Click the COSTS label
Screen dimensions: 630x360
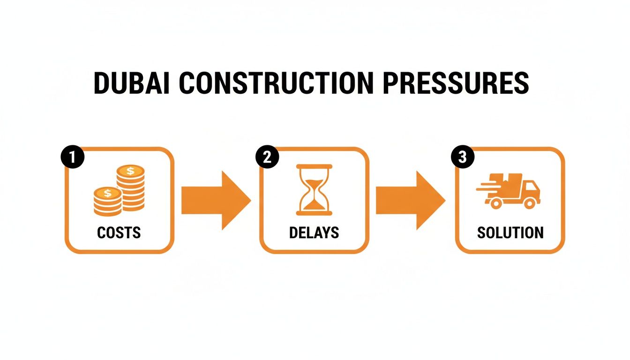(x=119, y=232)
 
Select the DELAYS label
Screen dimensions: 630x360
(x=314, y=232)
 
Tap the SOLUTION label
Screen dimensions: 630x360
(x=510, y=232)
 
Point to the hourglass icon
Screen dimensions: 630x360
(x=314, y=190)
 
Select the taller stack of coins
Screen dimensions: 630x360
(x=130, y=187)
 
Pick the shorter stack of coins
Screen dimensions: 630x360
(x=107, y=202)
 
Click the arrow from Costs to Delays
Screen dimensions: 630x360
(x=216, y=200)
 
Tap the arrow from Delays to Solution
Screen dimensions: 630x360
(x=411, y=200)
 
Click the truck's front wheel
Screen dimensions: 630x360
(x=529, y=202)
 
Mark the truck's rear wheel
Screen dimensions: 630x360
(x=495, y=202)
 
